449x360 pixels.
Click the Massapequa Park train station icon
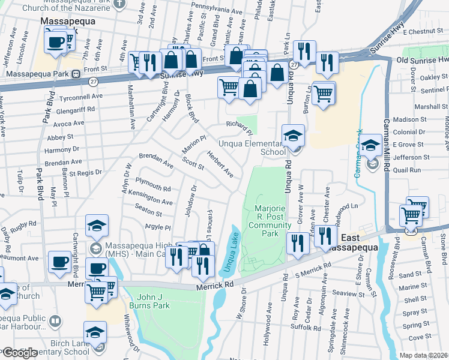[x=76, y=75]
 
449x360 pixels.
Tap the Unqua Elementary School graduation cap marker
[x=294, y=135]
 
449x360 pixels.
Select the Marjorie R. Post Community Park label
[x=270, y=220]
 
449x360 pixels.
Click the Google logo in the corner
[x=20, y=353]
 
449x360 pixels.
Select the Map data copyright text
[x=424, y=355]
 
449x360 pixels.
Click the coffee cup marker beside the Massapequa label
[x=55, y=42]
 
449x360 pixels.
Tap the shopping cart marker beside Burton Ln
[x=324, y=93]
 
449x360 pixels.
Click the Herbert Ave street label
[x=220, y=163]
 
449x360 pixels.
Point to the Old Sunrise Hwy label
[x=422, y=60]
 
